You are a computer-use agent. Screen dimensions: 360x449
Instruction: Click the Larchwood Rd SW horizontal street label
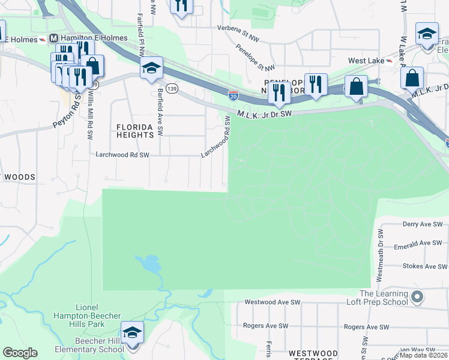(122, 154)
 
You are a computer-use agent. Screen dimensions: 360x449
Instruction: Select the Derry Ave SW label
(422, 224)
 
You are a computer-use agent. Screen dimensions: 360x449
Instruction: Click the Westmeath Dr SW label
(379, 256)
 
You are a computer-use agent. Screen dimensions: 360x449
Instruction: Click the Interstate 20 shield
(234, 95)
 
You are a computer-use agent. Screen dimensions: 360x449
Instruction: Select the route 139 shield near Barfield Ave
(172, 89)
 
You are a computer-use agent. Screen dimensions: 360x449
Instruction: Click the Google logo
(20, 353)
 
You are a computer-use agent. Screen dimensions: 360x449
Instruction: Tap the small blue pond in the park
(148, 263)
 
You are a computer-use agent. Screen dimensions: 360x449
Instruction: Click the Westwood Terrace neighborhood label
(310, 354)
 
